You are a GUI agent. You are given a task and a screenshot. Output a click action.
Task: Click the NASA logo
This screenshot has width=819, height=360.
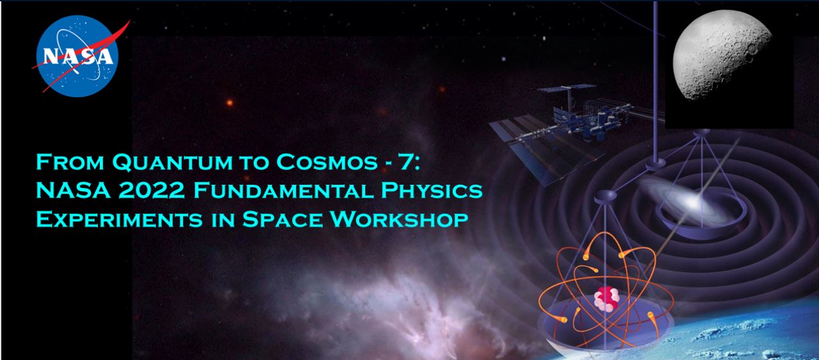coord(77,56)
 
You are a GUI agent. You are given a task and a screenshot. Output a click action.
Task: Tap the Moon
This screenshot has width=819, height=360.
coord(722,55)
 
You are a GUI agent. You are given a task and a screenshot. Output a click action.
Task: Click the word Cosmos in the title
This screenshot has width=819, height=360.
coord(327,162)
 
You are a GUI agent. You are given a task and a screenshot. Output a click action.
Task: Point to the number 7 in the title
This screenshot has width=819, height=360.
coord(408,162)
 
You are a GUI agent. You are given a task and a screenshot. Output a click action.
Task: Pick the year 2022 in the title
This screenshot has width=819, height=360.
coord(152,191)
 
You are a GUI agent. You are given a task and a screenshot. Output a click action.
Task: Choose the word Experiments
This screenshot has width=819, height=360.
coord(119,219)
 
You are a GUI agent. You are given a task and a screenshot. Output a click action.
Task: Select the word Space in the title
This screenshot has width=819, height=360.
coord(282,219)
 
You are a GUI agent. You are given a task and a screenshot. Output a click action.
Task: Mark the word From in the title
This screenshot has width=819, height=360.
coord(70,162)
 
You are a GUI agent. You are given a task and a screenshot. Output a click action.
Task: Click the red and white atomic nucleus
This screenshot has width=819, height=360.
coord(606,299)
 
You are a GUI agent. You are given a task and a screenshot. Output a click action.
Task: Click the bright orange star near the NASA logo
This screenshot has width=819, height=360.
coord(230,103)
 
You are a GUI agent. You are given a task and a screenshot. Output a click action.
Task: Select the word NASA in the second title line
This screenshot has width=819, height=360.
coord(73,191)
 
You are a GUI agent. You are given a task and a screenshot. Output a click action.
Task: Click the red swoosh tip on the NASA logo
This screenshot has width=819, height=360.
coord(129,21)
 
